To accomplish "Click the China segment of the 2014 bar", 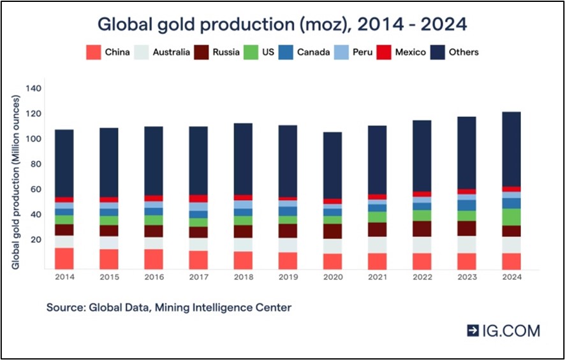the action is tap(64, 259).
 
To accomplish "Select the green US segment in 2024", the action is tap(511, 217).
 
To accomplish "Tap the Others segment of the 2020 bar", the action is tap(333, 165).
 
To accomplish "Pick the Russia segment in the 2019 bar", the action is tap(288, 231).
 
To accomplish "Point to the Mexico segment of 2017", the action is tap(198, 199).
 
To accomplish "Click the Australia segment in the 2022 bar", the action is tap(422, 245).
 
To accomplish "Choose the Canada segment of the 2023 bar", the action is tap(467, 205).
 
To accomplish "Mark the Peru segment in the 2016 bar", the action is tap(154, 205).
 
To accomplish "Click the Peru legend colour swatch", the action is tap(342, 52).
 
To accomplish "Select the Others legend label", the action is tap(464, 52).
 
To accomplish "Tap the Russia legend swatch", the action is tap(201, 52).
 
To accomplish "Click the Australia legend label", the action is tap(171, 52).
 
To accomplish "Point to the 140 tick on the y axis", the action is tap(33, 89).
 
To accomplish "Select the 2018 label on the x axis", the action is tap(243, 277).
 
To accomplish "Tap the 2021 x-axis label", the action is tap(378, 277).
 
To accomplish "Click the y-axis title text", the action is tap(15, 182).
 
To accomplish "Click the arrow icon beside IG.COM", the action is tap(473, 331).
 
